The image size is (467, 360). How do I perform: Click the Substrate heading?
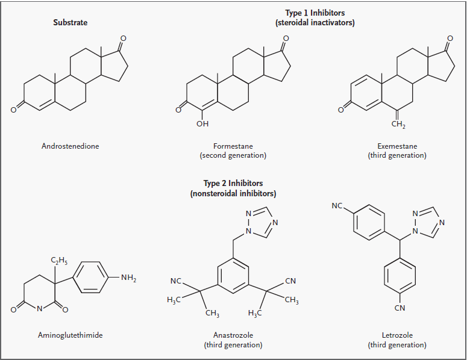coord(71,23)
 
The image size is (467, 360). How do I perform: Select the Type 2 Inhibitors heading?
coord(233,183)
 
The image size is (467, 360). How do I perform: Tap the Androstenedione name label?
coord(70,146)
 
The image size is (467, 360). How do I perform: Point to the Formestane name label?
coord(233,146)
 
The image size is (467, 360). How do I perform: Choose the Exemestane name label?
coord(396,146)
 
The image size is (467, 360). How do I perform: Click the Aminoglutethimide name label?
coord(71,335)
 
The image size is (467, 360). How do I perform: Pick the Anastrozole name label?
coord(233,335)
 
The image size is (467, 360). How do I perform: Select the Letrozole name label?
coord(396,335)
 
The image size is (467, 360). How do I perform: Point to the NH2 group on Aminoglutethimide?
coord(128,277)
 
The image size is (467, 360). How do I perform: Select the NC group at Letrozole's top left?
coord(337,206)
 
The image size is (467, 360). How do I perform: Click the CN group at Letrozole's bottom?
coord(400,308)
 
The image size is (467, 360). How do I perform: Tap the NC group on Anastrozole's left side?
coord(176,281)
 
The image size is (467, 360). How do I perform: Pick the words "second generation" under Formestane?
coord(233,155)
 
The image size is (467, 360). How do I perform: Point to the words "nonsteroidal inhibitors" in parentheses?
coord(233,193)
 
